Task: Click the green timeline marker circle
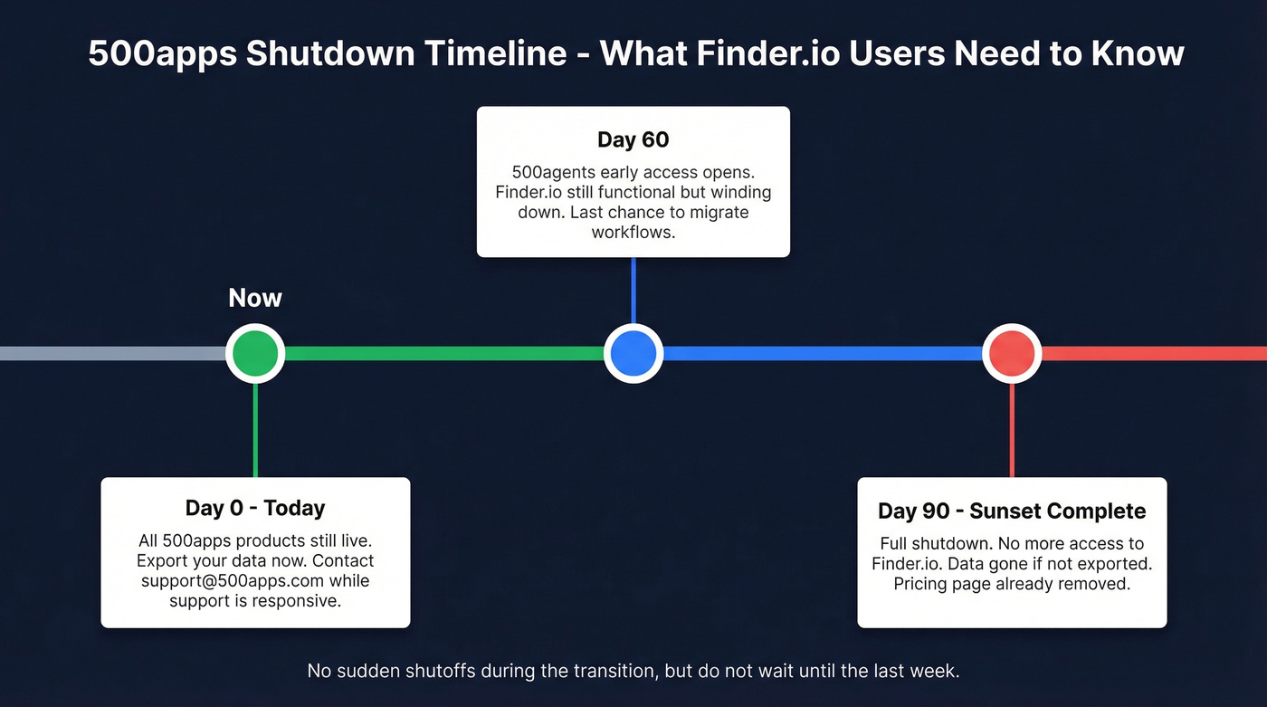pos(255,353)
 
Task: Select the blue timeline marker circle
pos(633,353)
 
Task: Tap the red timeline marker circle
pos(1012,353)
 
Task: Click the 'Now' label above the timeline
pos(255,298)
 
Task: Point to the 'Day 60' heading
pos(633,139)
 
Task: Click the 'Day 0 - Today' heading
pos(255,508)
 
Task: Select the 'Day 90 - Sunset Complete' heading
pos(1012,511)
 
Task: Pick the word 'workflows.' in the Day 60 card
pos(633,232)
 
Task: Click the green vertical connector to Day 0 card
pos(255,430)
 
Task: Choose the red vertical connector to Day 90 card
pos(1012,430)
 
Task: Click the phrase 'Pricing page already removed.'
pos(1012,584)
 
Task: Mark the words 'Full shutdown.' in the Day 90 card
pos(933,544)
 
